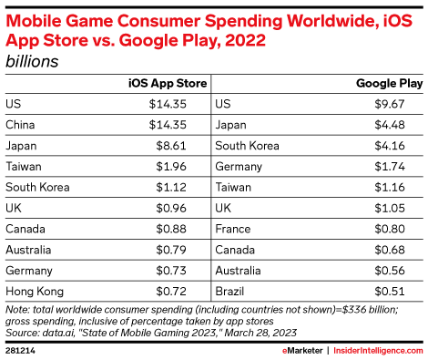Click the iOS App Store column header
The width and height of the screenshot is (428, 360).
pos(168,84)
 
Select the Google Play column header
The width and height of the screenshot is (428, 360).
pos(390,84)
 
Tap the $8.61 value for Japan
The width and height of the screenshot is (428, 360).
pos(171,146)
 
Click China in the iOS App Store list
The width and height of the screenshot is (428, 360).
pos(20,125)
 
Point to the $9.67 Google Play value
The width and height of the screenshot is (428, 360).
pos(390,104)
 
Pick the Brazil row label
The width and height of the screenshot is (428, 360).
pos(229,292)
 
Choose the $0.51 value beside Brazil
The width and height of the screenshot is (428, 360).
pos(390,292)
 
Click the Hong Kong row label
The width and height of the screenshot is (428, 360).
pos(35,292)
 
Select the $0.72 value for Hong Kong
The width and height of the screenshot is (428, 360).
pos(171,292)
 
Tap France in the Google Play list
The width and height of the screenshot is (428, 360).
pos(233,229)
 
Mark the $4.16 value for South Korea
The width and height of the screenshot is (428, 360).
pos(390,146)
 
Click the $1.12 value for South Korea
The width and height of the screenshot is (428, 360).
pos(171,188)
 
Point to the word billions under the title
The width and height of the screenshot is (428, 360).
pos(32,61)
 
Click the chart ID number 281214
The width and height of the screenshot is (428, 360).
pos(20,351)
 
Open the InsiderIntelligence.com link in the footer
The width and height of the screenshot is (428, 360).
pos(378,351)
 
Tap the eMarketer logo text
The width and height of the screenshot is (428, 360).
pos(302,351)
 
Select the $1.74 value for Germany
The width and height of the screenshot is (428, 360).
pos(390,167)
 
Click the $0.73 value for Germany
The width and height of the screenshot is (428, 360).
pos(171,271)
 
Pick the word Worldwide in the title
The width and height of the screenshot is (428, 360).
pos(332,21)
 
